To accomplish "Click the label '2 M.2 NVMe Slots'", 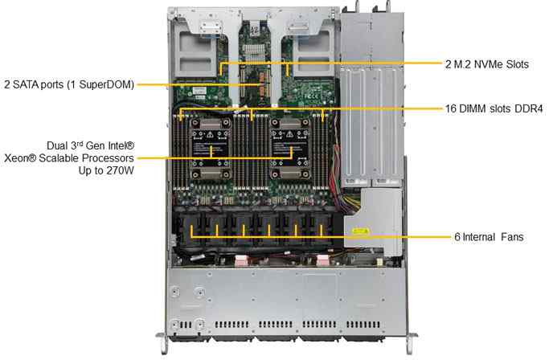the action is (486, 64).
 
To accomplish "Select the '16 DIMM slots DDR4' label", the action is (494, 108).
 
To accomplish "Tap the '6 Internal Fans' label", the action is (489, 237).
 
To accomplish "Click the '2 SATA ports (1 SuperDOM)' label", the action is (69, 84).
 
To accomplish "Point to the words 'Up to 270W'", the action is (106, 170).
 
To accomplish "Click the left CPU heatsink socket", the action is (211, 148).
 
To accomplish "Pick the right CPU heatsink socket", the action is (290, 148).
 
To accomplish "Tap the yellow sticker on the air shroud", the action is (360, 231).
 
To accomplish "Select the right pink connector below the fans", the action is (322, 260).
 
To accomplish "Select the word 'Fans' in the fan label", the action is (512, 237).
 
